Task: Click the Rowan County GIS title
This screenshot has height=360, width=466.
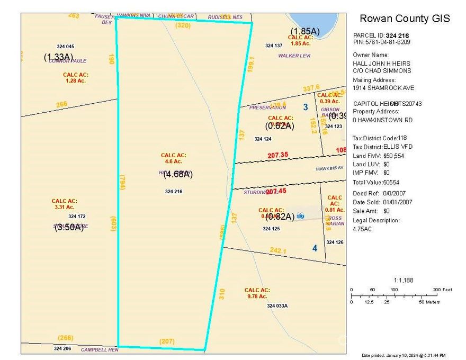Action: [x=405, y=19]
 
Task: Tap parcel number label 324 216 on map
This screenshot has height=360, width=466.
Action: [x=174, y=192]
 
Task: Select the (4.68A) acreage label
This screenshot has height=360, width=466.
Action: [x=178, y=174]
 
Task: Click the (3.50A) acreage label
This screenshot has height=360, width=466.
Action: [x=69, y=228]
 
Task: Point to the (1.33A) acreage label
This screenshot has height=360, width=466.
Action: [x=58, y=57]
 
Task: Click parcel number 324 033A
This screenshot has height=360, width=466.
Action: [x=277, y=306]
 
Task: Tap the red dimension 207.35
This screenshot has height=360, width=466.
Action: [x=278, y=155]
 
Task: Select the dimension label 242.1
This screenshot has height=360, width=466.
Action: [x=278, y=250]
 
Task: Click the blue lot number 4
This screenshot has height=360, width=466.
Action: [x=315, y=248]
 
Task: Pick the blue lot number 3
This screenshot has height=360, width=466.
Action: [x=305, y=107]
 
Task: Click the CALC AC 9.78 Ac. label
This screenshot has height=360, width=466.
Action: [x=257, y=293]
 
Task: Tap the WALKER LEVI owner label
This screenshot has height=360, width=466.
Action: [x=294, y=56]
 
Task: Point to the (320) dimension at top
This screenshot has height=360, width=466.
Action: [x=183, y=25]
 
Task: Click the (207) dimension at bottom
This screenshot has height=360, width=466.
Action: [x=166, y=341]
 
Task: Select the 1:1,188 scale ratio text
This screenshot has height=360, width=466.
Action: [x=404, y=280]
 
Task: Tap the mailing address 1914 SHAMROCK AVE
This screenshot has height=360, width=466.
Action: [x=383, y=88]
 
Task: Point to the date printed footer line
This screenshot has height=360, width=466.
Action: [x=403, y=355]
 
